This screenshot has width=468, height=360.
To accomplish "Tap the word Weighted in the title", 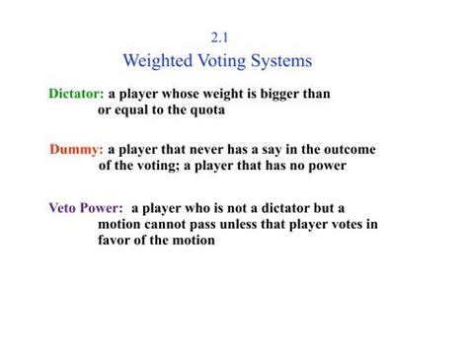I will [162, 61].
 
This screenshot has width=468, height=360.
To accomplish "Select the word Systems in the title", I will [276, 61].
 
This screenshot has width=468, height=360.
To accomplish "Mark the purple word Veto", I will [64, 208].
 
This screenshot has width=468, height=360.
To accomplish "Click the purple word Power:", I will [103, 208].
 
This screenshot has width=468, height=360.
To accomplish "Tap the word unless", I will [242, 224].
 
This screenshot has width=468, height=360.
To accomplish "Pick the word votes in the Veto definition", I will [347, 224].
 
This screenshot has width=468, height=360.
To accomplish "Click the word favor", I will [117, 240].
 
